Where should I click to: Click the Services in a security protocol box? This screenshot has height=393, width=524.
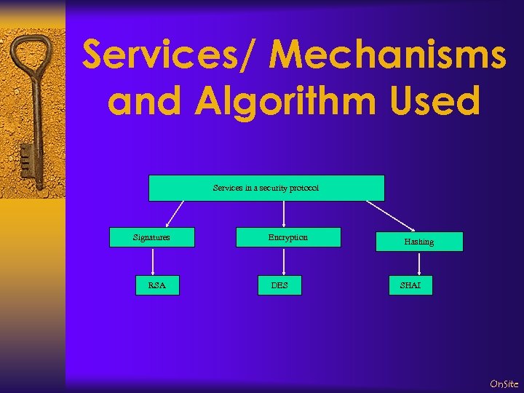point(266,188)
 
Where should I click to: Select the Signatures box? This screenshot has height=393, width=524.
point(152,237)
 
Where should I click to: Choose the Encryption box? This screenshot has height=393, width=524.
point(288,237)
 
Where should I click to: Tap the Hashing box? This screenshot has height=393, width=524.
point(419,242)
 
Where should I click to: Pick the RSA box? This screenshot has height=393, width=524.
point(157,285)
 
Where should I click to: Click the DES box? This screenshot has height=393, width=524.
point(279,285)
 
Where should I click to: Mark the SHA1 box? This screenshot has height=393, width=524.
point(410,285)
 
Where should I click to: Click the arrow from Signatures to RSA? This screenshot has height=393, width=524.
point(153,261)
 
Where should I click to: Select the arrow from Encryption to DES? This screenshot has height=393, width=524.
point(283,261)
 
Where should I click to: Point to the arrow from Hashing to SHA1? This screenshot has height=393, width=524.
point(419,263)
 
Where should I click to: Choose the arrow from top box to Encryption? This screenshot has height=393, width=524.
point(283,214)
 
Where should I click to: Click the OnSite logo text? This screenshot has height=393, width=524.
point(504,384)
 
